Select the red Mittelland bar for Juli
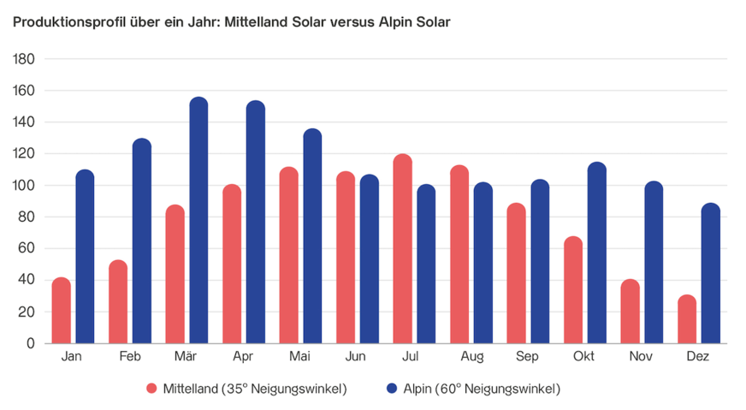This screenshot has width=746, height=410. (402, 248)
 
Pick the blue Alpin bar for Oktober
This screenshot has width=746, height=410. (597, 253)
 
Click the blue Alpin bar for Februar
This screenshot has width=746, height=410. (142, 241)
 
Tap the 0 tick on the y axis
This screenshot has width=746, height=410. (30, 344)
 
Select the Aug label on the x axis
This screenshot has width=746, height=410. (471, 356)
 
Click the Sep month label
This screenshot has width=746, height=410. (528, 356)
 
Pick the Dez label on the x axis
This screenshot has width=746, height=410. (698, 356)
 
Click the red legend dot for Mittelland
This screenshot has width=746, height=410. (152, 389)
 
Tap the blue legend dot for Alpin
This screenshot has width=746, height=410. (392, 389)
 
